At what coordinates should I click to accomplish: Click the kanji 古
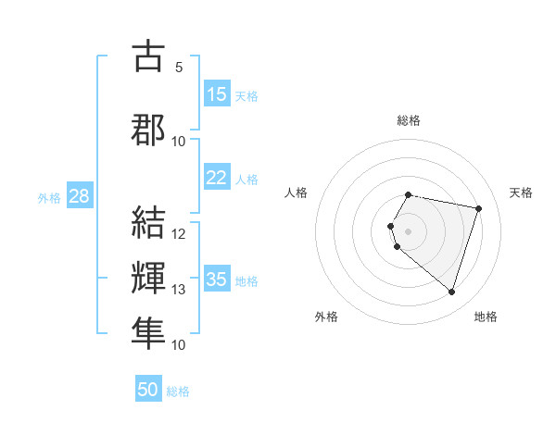147,56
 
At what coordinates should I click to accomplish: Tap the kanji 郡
147,130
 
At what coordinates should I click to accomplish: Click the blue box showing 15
217,94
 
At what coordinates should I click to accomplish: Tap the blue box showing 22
217,179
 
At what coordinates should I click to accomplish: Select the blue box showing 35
217,280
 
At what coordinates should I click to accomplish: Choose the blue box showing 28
79,196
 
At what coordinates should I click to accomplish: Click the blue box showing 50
148,390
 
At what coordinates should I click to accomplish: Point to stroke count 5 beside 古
179,68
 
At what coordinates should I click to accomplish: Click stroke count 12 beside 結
179,234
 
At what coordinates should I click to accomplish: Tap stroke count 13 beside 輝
179,290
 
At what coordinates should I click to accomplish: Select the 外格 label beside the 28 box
48,197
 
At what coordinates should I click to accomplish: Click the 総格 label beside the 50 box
178,391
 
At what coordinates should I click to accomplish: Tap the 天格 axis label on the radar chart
521,193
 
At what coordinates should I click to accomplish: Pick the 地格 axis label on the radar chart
486,317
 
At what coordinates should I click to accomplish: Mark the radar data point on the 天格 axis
478,208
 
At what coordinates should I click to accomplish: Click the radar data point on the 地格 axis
451,292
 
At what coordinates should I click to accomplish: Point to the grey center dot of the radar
408,230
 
